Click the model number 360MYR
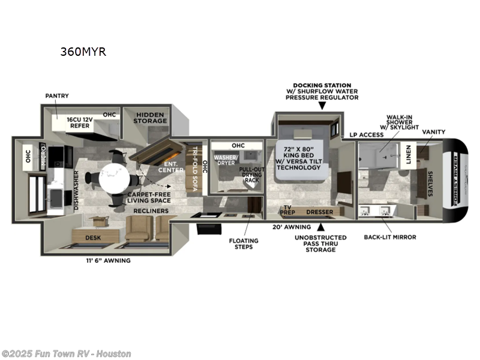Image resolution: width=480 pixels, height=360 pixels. pos(83,52)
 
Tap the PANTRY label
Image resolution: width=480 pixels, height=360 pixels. pos(57,95)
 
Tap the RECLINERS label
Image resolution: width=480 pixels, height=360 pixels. pos(151,211)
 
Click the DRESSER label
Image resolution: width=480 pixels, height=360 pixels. pos(319,212)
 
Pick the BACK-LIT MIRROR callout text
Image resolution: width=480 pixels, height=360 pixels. pos(389,237)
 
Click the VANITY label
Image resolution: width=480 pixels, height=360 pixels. pos(434,132)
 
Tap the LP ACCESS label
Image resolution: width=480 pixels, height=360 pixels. pos(367,135)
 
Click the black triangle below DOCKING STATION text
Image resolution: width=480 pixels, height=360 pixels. pos(322,106)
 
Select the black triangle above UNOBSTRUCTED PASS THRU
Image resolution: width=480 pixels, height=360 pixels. pos(322,227)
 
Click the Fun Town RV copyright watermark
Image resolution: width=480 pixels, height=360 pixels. pos(66,353)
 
